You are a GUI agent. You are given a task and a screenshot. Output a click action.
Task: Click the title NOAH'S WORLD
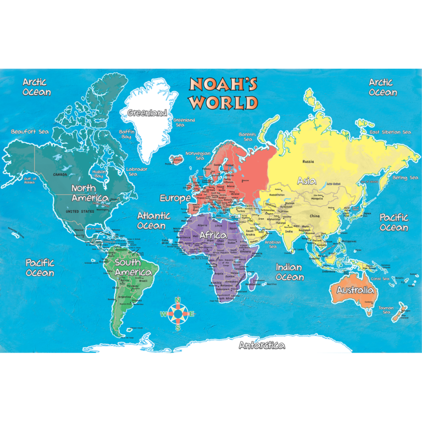[x=224, y=93]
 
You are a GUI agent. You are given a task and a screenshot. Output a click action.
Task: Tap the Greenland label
[x=147, y=113]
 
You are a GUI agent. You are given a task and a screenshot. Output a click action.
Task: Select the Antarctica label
[x=262, y=346]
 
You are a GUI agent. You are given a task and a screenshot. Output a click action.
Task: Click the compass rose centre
[x=177, y=314]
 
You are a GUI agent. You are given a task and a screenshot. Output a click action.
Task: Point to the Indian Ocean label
[x=289, y=272]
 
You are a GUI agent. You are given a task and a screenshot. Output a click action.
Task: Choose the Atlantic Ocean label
[x=153, y=220]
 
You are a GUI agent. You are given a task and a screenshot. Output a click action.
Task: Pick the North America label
[x=90, y=193]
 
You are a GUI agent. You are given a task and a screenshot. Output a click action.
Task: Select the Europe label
[x=175, y=198]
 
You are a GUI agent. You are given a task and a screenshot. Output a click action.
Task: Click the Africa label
[x=213, y=235]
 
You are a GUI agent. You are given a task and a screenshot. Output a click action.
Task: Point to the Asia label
[x=307, y=180]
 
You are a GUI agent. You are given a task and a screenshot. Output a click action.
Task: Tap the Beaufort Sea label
[x=30, y=131]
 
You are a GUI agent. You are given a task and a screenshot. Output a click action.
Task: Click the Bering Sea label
[x=405, y=177]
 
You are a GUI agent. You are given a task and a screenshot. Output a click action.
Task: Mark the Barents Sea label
[x=247, y=136]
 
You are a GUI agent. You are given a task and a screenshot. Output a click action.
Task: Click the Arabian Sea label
[x=273, y=244]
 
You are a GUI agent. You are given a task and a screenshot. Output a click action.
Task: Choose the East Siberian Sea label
[x=390, y=132]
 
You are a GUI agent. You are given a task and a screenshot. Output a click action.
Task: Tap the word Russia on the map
[x=308, y=162]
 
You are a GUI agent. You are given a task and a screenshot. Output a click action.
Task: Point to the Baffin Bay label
[x=126, y=134]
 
